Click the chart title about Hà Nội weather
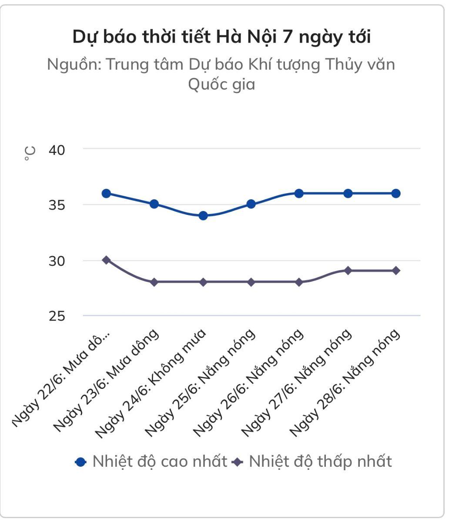click(221, 37)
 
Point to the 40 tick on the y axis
click(57, 150)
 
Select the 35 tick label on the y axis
click(57, 205)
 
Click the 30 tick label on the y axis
click(57, 261)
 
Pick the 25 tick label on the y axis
click(57, 316)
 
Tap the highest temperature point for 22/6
click(106, 193)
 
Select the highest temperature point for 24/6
click(203, 215)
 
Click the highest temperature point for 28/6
click(396, 193)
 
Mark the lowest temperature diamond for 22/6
click(106, 260)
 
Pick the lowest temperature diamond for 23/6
click(154, 282)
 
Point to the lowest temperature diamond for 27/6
click(348, 271)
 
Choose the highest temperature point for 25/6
click(251, 204)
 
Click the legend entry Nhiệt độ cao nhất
click(152, 461)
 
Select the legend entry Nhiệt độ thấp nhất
click(313, 461)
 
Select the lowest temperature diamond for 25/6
click(251, 282)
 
